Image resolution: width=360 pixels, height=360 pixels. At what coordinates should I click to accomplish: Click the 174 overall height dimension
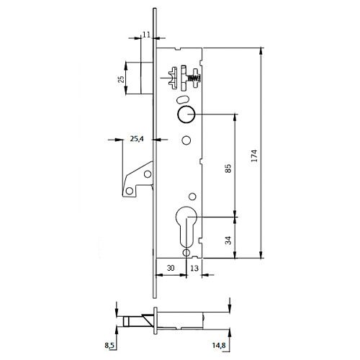pos(255,156)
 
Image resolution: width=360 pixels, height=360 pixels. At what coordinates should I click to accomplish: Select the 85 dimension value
pos(228,168)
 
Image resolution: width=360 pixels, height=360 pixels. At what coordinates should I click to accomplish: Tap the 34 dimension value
pos(228,240)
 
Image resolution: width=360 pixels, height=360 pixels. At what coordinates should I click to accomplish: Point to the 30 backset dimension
pos(171,268)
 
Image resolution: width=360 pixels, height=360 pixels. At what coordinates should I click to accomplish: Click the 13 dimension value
pos(194,268)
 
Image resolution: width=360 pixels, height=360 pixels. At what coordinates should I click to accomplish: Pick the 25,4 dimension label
pos(137,139)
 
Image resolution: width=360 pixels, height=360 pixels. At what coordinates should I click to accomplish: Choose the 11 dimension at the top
pos(146,35)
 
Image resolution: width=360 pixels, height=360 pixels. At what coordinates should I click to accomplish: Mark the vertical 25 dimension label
pos(122,79)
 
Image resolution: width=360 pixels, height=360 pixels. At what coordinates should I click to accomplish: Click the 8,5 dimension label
pos(109,346)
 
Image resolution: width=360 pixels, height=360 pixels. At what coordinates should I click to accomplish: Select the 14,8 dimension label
pos(219,346)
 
